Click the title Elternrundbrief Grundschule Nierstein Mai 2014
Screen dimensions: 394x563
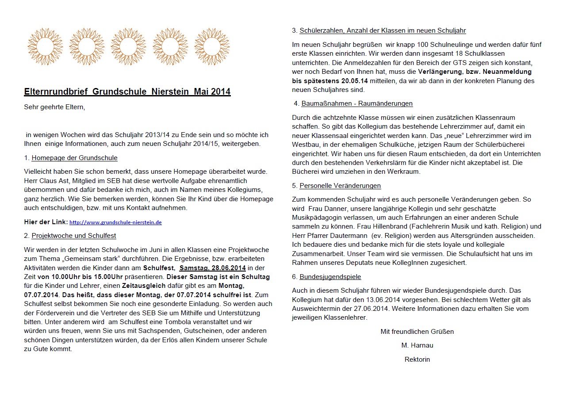tap(127, 92)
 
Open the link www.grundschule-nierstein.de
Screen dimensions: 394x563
tap(115, 222)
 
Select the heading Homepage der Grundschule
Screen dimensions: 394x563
tap(74, 158)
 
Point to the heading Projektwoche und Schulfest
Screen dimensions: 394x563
tap(74, 236)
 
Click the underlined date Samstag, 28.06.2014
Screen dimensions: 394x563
tap(213, 268)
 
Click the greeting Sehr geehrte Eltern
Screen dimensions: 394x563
tap(54, 107)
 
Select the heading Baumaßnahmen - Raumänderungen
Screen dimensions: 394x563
tap(357, 103)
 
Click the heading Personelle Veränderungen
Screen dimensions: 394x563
tap(340, 186)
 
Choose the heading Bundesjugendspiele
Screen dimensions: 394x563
tap(330, 277)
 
